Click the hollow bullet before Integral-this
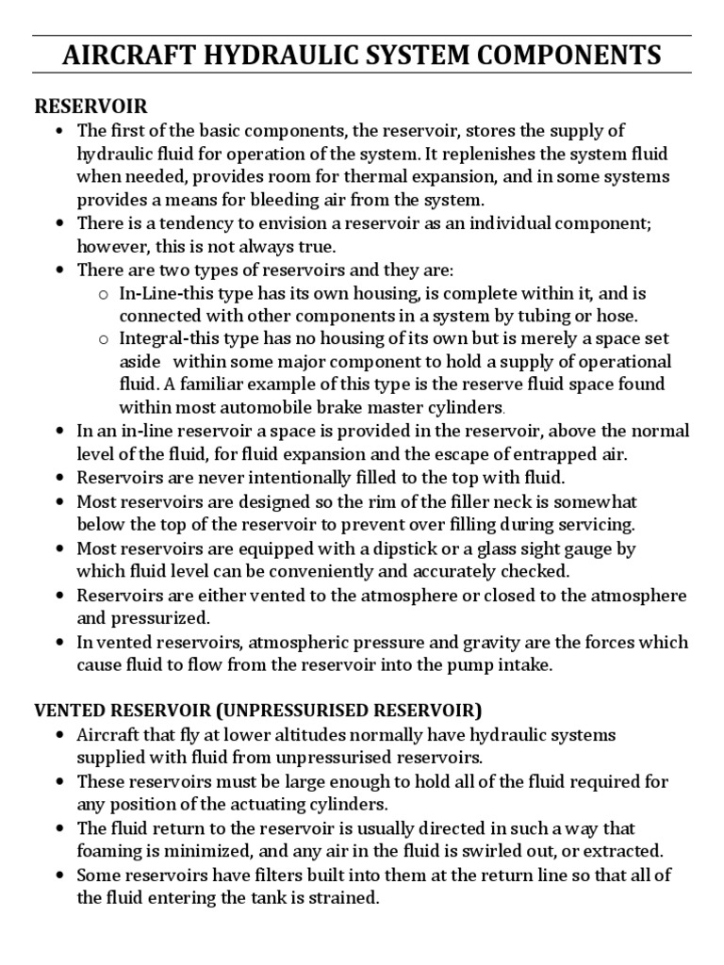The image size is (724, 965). (x=103, y=338)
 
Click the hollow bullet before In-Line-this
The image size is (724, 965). (x=103, y=294)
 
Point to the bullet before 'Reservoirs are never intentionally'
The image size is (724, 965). (x=60, y=477)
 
